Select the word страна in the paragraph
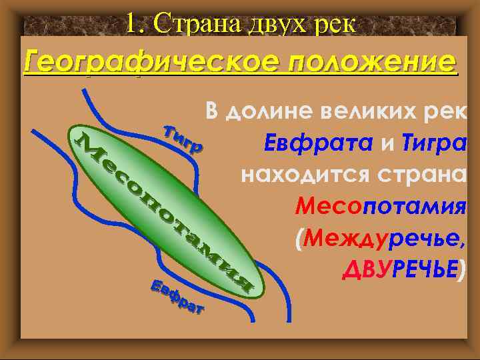click(421, 175)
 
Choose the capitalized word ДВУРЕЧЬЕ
click(400, 268)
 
